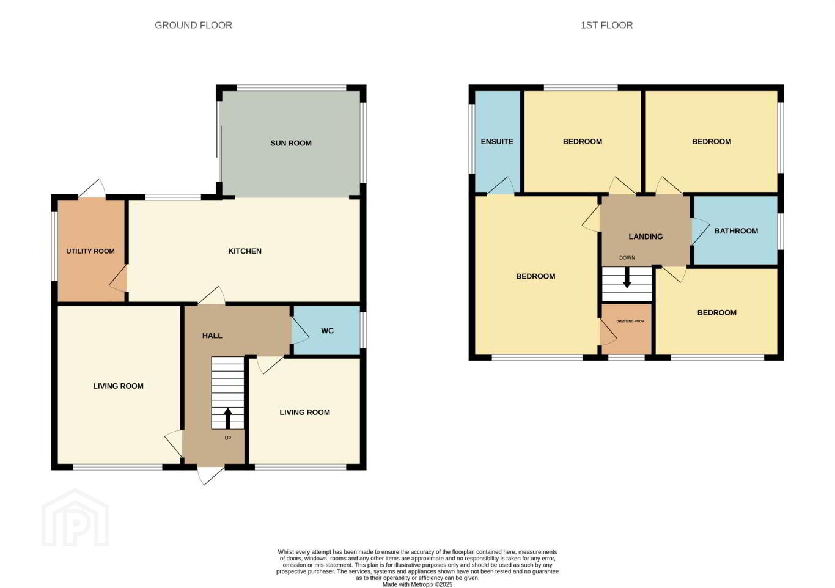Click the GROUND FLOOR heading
[x=193, y=25]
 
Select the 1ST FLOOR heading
[x=606, y=25]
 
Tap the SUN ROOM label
[x=291, y=143]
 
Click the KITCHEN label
[x=245, y=251]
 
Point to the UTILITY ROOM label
[x=90, y=251]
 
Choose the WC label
[x=327, y=331]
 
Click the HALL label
[x=212, y=336]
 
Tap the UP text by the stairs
[x=228, y=438]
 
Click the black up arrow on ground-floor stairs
[x=227, y=419]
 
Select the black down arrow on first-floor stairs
[x=627, y=277]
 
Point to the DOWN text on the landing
[x=627, y=258]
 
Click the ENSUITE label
[x=497, y=142]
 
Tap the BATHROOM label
[x=736, y=231]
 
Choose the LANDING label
[x=646, y=237]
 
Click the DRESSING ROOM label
[x=630, y=322]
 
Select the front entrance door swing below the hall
[x=211, y=476]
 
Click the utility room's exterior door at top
[x=92, y=188]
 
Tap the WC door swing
[x=300, y=331]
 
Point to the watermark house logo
[x=75, y=517]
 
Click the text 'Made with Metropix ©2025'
[x=417, y=585]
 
